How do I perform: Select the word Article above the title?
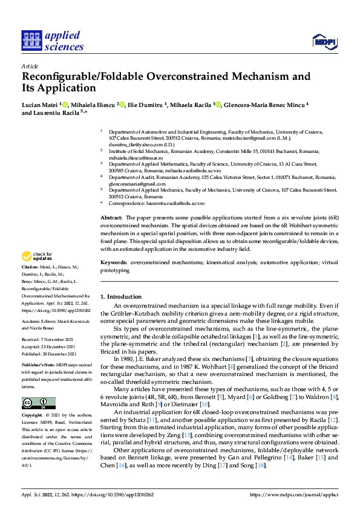tap(30, 66)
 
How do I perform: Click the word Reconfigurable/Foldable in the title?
tap(89, 77)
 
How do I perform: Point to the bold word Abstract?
tap(111, 216)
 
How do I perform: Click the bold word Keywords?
tap(114, 263)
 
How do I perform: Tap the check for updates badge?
tap(38, 256)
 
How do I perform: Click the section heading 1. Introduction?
tap(120, 297)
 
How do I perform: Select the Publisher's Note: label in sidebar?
tap(39, 366)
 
